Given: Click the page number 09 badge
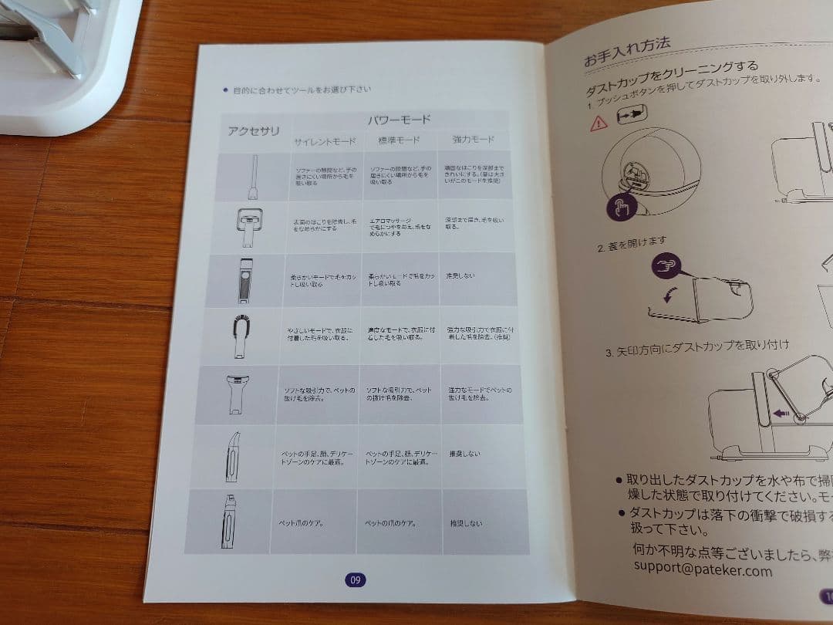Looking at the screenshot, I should pos(355,580).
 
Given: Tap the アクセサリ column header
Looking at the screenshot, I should pos(255,130).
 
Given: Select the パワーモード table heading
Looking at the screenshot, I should pos(400,120).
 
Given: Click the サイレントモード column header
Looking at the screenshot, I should pos(324,142).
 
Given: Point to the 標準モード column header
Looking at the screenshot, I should pos(399,141).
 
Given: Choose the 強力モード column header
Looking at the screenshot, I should pos(473,140).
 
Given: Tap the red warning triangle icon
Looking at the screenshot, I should pos(599,123).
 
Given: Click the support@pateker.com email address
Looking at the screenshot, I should pos(703,571).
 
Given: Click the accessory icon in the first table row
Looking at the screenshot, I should pos(253,177).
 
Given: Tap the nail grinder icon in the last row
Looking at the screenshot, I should pos(229,521).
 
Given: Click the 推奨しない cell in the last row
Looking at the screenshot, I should pos(467,523).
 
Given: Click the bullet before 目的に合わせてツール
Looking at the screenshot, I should pos(225,90).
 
